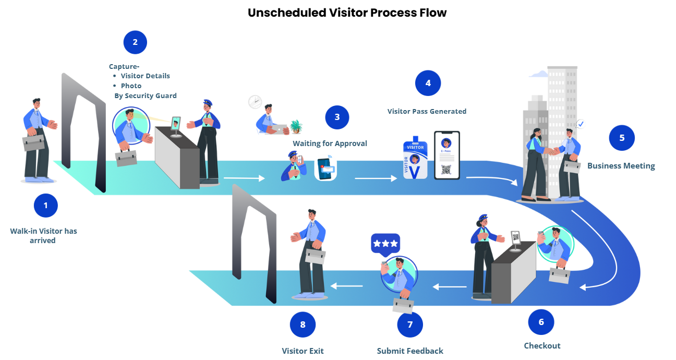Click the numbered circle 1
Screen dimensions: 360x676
pos(45,206)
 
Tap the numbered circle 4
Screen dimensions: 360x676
pos(428,83)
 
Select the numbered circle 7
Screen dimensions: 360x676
pos(409,325)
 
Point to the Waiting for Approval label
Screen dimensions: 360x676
pos(330,143)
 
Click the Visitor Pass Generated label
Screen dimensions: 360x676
pos(427,111)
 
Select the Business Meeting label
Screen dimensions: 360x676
pos(621,166)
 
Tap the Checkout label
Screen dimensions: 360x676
pos(542,346)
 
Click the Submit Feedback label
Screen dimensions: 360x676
pos(410,351)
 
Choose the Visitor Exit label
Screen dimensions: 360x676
pos(303,351)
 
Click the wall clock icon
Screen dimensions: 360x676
pos(255,102)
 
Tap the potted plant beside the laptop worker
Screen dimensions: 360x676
pos(296,127)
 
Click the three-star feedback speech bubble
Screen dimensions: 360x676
pos(385,244)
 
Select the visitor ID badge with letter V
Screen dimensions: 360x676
pos(415,158)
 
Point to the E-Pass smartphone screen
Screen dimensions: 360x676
pos(446,155)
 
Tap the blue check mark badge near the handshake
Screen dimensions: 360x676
pos(580,124)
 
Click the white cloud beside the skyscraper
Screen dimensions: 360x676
pos(538,74)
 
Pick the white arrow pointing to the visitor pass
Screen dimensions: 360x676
pos(376,178)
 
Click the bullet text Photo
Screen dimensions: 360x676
pos(131,86)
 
